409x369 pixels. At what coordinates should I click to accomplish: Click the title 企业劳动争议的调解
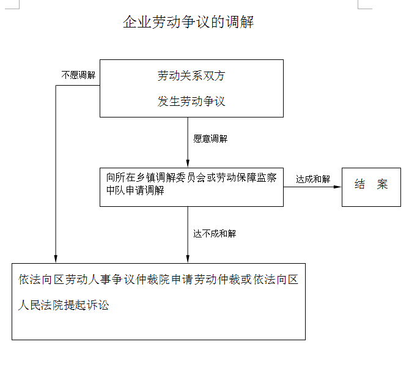[188, 21]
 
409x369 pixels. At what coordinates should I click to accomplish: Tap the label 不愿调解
[78, 75]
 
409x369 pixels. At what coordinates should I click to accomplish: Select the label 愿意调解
[210, 138]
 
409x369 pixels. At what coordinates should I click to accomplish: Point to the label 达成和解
[313, 179]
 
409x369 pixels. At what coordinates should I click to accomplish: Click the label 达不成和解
[215, 234]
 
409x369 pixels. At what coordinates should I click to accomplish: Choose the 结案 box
[371, 187]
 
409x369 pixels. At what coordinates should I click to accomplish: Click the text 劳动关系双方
[191, 76]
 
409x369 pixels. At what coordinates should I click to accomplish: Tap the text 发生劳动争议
[191, 101]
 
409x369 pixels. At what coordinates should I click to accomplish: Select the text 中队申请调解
[135, 190]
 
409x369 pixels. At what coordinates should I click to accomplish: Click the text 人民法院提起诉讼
[64, 305]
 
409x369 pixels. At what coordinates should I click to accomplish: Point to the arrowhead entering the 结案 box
[337, 187]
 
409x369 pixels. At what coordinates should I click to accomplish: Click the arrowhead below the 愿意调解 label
[188, 163]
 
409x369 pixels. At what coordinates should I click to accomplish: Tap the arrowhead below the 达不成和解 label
[188, 259]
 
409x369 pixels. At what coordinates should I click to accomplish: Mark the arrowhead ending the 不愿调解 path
[56, 259]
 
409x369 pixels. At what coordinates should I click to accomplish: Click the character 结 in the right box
[359, 184]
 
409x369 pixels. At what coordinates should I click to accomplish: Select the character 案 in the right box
[382, 184]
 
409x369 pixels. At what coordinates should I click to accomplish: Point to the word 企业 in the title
[137, 21]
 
